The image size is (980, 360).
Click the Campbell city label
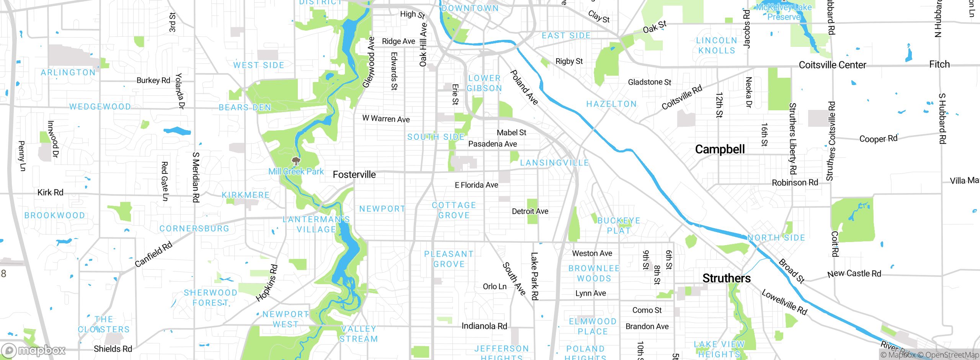720,149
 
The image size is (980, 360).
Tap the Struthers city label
726,278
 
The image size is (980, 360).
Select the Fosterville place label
354,175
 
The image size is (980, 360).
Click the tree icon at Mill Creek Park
296,160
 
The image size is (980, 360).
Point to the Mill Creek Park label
296,172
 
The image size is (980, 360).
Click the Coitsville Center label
832,65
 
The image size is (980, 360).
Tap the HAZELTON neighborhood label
611,104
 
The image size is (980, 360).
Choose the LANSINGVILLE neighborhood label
554,163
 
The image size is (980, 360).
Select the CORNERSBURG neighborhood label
194,229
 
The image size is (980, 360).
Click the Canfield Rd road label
154,255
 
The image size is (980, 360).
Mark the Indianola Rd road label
484,326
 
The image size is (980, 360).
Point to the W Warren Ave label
386,119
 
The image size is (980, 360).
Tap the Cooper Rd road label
878,139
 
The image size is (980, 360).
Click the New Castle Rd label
854,273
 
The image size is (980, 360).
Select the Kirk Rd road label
50,192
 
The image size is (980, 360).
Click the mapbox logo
34,350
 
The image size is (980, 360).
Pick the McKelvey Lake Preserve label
784,12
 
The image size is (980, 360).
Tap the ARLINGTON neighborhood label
68,73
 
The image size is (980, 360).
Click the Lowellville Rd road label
784,302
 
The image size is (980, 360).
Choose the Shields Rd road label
113,349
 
